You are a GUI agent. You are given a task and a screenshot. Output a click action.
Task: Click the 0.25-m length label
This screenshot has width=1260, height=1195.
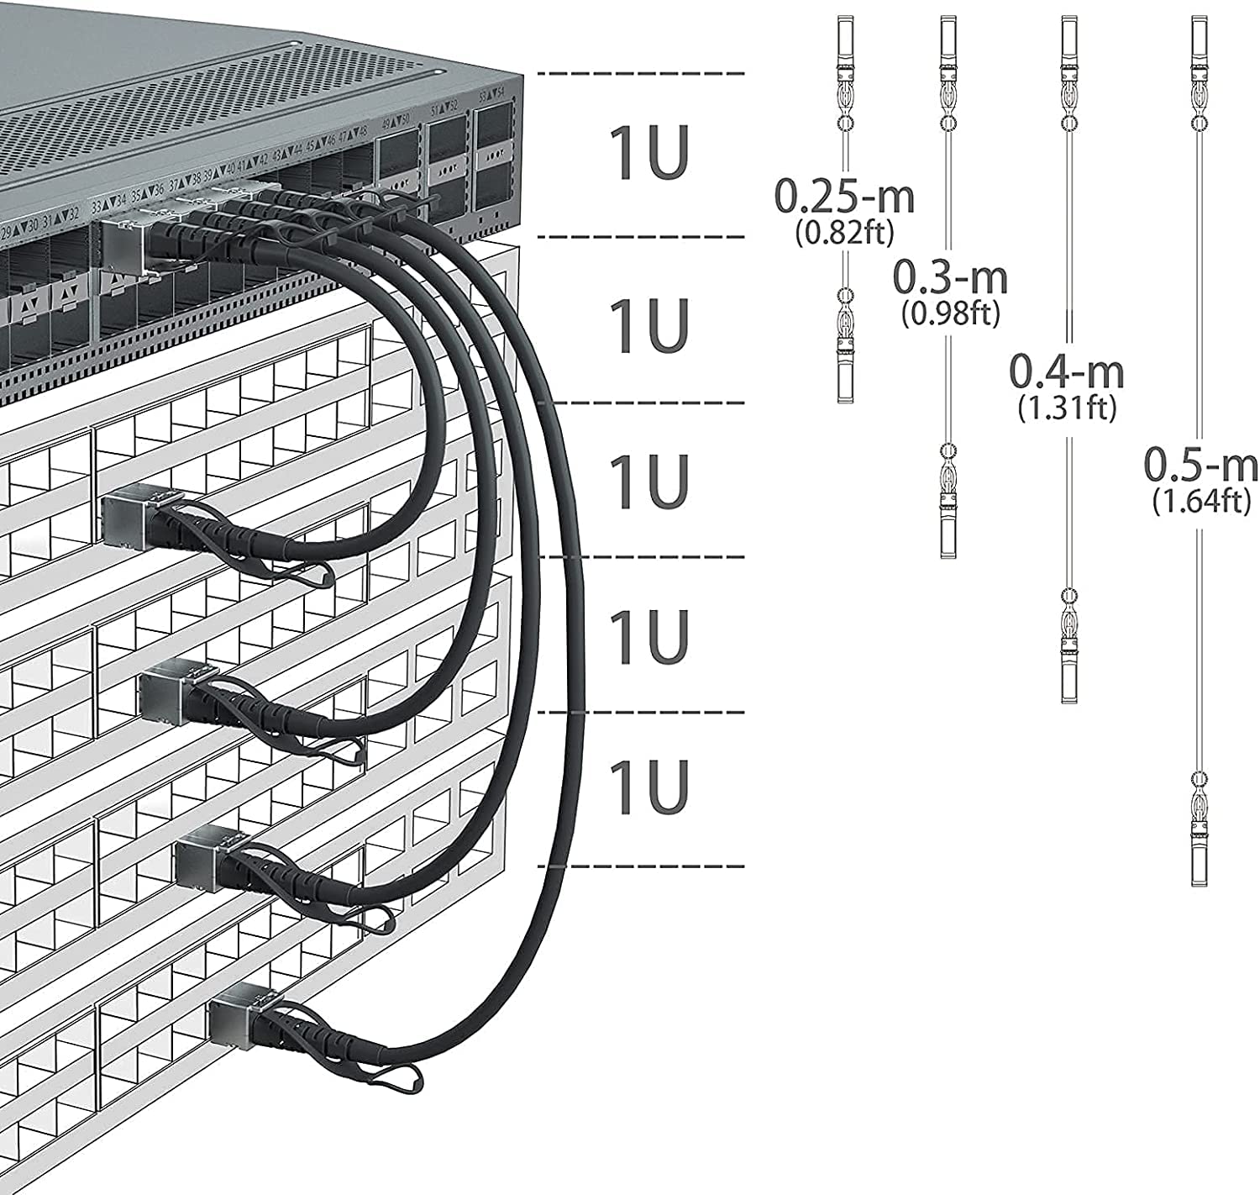coord(844,197)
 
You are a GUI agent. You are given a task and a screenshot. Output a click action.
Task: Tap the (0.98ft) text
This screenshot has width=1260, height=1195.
coord(951,313)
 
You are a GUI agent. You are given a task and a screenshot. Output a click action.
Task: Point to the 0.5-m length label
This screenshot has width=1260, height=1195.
coord(1201,465)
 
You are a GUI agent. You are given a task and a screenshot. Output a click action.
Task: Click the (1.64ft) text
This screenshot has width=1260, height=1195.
coord(1201,501)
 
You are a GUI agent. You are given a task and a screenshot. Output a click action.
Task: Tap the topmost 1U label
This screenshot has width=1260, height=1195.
coord(648,153)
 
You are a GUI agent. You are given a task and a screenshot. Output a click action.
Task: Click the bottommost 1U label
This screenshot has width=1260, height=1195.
coord(648,787)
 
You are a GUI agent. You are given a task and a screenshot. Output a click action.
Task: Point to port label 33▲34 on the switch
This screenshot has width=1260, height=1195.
coord(108,203)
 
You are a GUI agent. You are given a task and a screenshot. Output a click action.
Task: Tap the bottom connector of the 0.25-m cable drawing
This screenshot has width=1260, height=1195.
coord(845,370)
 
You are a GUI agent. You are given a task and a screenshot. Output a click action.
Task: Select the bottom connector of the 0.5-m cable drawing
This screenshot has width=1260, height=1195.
coord(1200,853)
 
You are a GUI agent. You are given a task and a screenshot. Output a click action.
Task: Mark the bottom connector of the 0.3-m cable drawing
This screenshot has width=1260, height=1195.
coord(948,525)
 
